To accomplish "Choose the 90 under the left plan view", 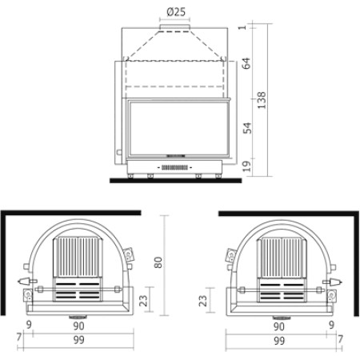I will [x=78, y=326].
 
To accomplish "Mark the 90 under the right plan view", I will [x=280, y=326].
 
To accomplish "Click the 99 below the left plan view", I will [x=78, y=341].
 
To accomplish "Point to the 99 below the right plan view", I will [x=280, y=341].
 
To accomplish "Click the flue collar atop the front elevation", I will [x=175, y=30].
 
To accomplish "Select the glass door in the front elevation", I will [x=178, y=126].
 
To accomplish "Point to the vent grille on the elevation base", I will [x=178, y=167].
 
